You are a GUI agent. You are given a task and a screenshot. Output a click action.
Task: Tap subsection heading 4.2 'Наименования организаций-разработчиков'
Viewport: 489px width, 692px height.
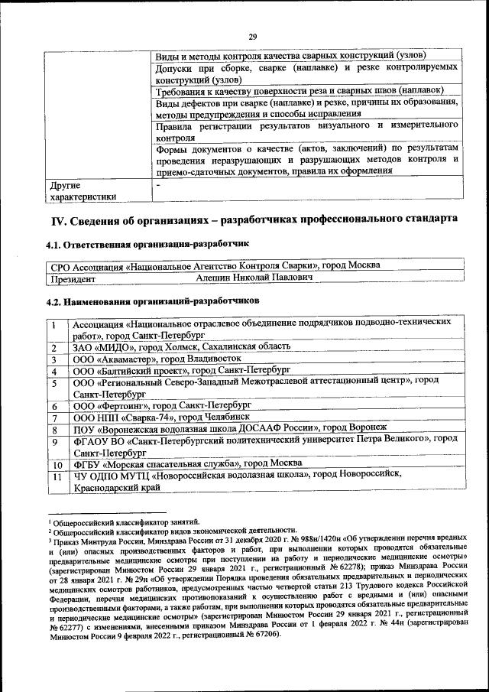[x=154, y=301]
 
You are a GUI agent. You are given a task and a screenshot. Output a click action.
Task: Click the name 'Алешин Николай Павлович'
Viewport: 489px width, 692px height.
[x=254, y=279]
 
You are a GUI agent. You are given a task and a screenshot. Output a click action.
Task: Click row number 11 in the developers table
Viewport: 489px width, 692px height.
[x=56, y=476]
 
